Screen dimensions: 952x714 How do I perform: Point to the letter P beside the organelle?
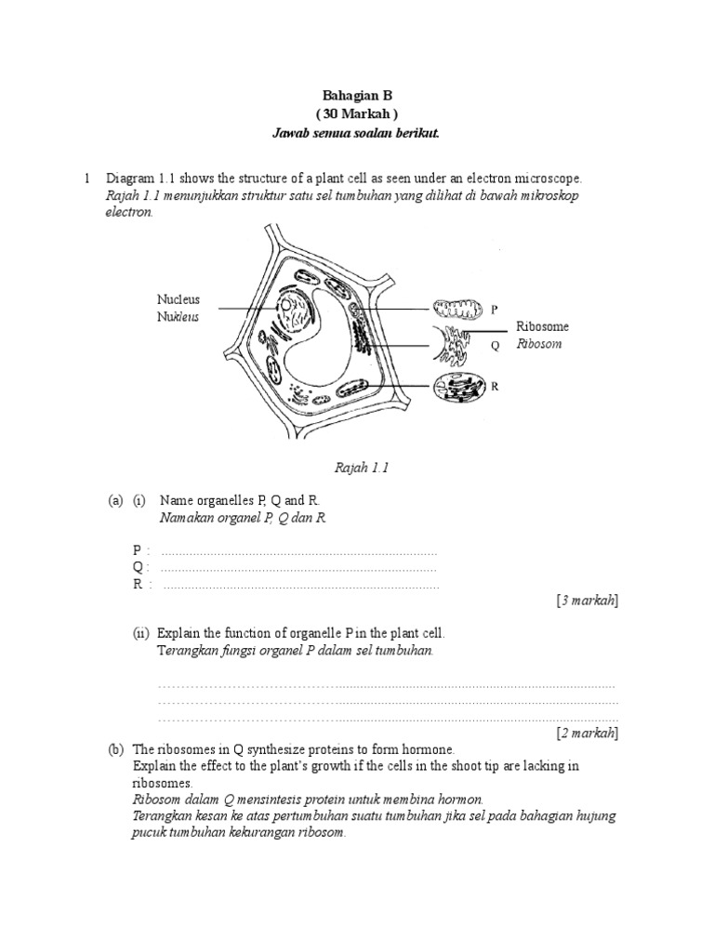(x=494, y=310)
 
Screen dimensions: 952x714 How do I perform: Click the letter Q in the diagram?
(x=495, y=345)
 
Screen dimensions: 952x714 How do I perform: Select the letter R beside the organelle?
(x=496, y=385)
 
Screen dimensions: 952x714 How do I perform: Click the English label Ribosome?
(x=542, y=327)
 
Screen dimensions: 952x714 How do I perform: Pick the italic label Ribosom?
(x=539, y=344)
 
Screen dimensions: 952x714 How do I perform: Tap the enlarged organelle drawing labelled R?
(x=457, y=386)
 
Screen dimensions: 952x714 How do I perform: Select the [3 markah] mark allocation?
(x=587, y=602)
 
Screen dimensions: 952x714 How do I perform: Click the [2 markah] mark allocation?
(x=587, y=733)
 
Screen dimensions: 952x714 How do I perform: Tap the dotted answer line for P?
(x=298, y=551)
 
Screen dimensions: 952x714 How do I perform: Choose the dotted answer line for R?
(x=300, y=586)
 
